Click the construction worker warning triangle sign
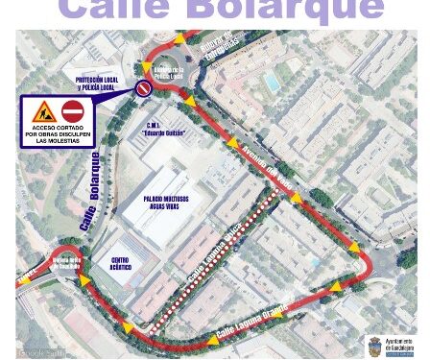coord(44,111)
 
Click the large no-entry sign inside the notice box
coord(73,111)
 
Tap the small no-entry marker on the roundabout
coord(144,88)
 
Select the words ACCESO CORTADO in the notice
coord(58,129)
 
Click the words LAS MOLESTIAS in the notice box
coord(58,143)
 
